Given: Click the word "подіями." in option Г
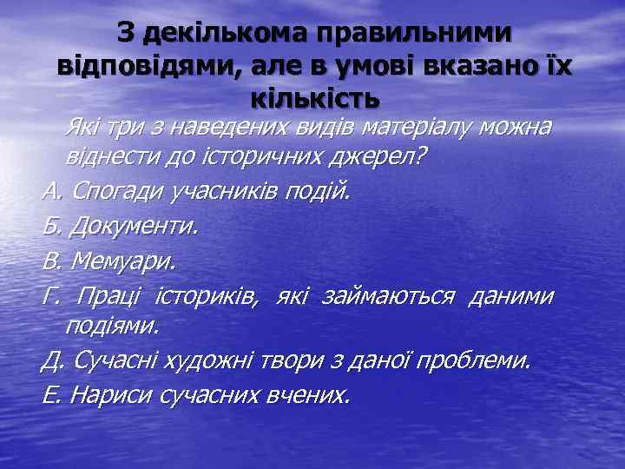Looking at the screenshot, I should coord(112,327).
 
